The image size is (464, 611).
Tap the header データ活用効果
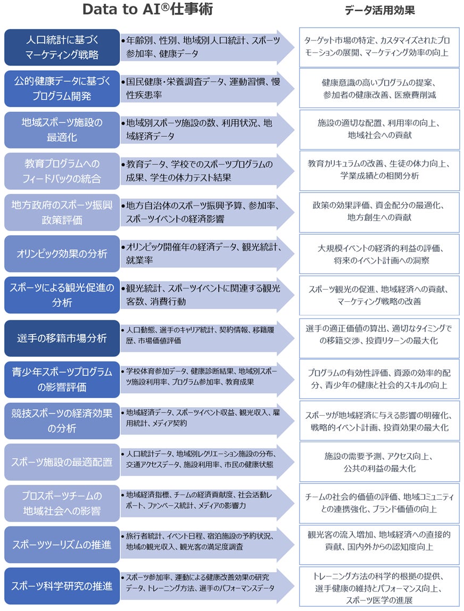point(379,10)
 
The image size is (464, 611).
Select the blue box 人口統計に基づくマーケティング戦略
point(62,47)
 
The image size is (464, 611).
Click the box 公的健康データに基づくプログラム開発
point(62,88)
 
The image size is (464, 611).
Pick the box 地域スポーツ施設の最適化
point(62,129)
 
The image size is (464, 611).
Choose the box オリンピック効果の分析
point(62,253)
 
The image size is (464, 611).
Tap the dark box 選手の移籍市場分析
point(62,338)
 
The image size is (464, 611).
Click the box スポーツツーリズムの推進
point(62,544)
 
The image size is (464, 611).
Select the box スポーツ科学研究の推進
point(62,586)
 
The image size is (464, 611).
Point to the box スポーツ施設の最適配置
point(62,462)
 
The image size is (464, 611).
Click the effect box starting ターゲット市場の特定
point(379,47)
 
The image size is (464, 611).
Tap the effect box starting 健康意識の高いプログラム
point(379,88)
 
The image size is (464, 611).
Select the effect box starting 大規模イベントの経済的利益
point(379,254)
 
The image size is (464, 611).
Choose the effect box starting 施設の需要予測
point(379,462)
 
